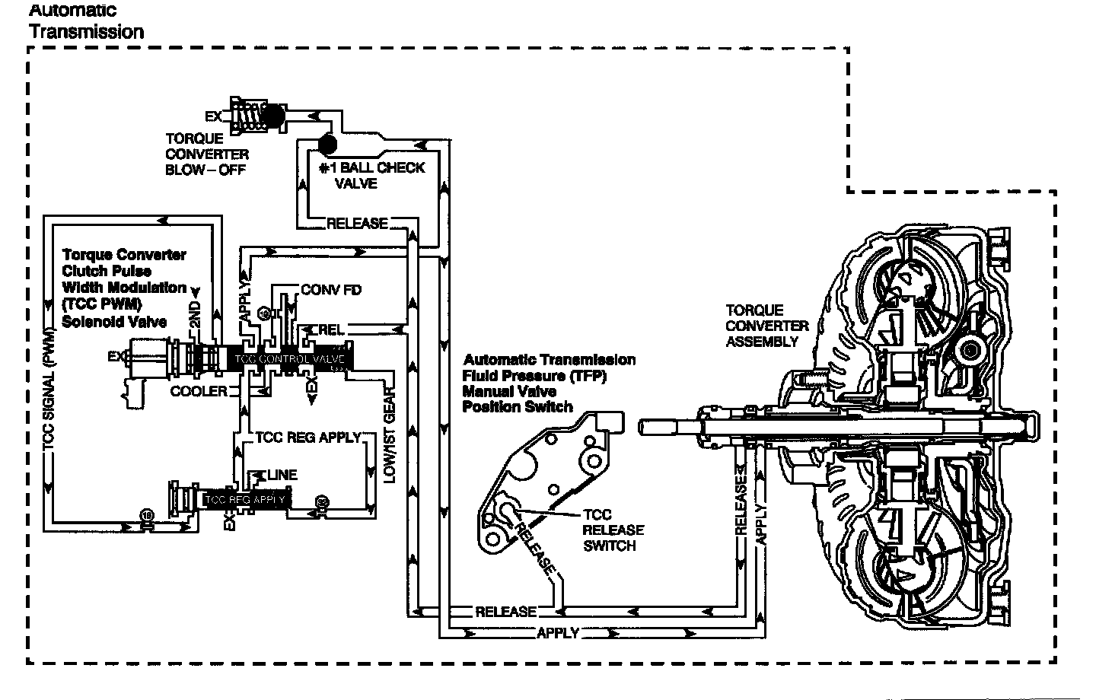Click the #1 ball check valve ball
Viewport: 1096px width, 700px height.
328,142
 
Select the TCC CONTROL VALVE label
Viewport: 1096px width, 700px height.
290,359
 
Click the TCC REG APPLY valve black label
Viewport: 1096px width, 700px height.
245,499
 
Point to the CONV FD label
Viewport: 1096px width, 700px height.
331,290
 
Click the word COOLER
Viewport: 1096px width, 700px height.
199,391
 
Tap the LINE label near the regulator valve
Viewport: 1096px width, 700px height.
281,475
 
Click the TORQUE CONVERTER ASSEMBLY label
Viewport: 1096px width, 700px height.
766,326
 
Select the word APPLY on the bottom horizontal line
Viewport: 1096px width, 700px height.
558,632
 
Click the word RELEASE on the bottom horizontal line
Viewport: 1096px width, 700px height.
505,612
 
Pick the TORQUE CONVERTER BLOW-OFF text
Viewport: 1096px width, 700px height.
207,154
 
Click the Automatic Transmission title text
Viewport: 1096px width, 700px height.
85,21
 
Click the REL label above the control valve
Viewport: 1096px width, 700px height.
331,330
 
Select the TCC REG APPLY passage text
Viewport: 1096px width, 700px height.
307,437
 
